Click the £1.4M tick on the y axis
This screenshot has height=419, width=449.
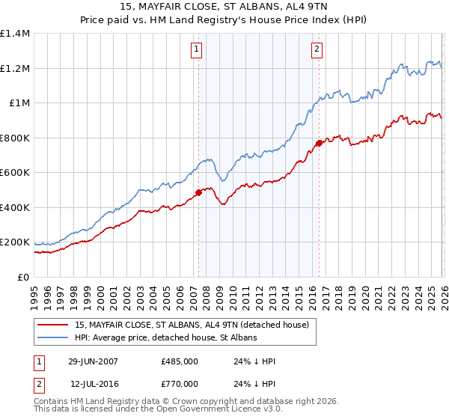click(x=15, y=34)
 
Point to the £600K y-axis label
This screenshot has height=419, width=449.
click(x=15, y=173)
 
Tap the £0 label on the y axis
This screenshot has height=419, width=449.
click(x=23, y=278)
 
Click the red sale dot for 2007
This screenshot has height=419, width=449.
click(x=199, y=192)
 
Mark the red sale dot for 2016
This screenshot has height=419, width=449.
click(x=319, y=143)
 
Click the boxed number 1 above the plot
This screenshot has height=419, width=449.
click(x=196, y=49)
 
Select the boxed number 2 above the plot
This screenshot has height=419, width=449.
click(x=317, y=49)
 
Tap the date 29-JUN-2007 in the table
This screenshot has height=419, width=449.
click(x=93, y=361)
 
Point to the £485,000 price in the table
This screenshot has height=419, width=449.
click(x=179, y=361)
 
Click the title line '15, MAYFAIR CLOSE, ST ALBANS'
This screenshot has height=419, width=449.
click(x=224, y=7)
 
